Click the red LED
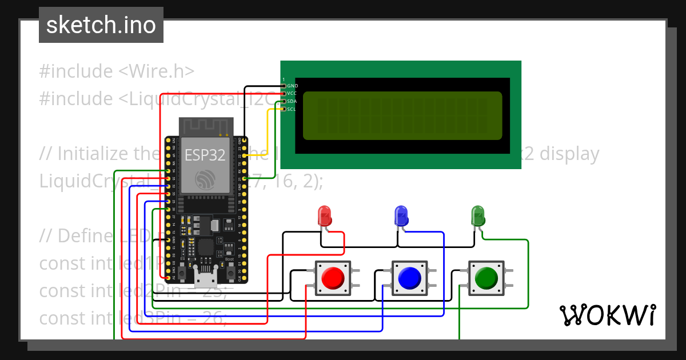325,215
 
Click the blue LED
401,215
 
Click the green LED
477,215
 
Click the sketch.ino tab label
101,25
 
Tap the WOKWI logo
607,315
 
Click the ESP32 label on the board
205,155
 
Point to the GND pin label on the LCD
292,86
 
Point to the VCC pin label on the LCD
292,93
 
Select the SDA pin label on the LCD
292,101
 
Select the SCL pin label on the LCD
292,109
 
